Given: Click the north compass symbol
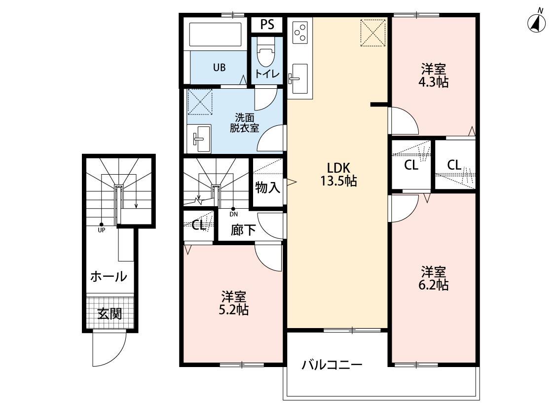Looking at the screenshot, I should (536, 23).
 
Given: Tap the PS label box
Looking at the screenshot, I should (267, 25).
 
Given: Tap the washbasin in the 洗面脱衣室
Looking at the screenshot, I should (199, 139).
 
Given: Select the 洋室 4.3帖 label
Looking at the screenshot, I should (434, 75).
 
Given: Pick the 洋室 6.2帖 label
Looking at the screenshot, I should (434, 278).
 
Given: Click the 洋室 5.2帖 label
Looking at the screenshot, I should (234, 303).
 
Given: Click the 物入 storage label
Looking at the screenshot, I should (267, 187).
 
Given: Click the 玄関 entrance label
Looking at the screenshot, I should (109, 313).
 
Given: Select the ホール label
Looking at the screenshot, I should (109, 277).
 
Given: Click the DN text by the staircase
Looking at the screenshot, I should (233, 214).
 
